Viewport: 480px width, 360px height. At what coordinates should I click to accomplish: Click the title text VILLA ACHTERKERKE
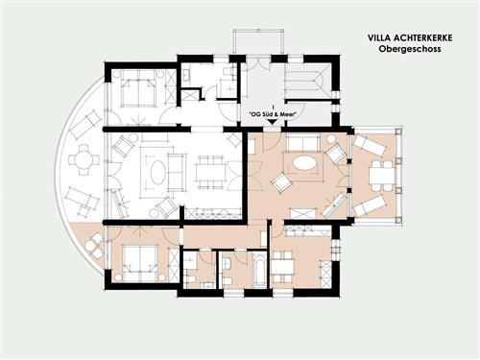[x=410, y=37]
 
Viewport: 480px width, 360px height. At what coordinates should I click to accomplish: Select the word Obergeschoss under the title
[x=410, y=49]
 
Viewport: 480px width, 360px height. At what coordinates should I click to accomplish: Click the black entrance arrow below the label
[x=272, y=122]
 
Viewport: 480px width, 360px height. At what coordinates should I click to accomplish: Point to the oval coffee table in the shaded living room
[x=304, y=163]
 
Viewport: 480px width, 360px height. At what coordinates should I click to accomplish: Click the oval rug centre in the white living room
[x=157, y=172]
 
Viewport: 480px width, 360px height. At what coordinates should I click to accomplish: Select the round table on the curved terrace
[x=84, y=159]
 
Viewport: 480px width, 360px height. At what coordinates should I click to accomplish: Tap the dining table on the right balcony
[x=382, y=175]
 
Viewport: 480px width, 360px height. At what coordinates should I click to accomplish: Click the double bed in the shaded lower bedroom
[x=140, y=264]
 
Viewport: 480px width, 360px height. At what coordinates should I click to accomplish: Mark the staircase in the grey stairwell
[x=306, y=81]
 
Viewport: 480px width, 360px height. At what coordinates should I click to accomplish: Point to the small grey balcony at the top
[x=258, y=42]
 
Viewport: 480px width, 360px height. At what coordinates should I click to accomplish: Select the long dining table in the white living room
[x=209, y=173]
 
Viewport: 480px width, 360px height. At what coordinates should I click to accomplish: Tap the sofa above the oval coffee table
[x=302, y=143]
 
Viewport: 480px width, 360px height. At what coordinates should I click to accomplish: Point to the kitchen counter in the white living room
[x=213, y=214]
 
